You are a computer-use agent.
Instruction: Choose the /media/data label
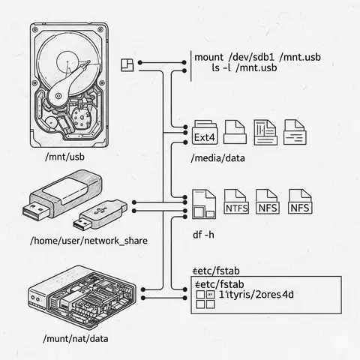coord(219,158)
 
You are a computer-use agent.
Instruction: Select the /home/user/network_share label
coord(88,241)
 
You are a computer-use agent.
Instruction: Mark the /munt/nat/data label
coord(75,339)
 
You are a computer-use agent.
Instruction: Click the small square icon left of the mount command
coord(126,62)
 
